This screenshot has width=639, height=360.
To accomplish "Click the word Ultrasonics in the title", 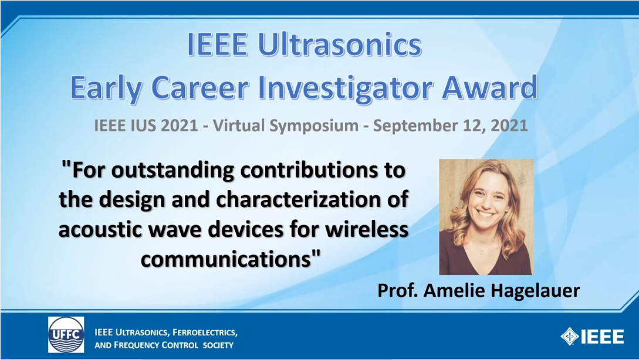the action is click(340, 44).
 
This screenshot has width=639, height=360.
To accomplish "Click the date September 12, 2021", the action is click(450, 125).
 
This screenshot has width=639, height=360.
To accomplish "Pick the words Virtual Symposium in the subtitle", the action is click(286, 125).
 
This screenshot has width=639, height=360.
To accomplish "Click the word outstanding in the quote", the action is click(173, 171).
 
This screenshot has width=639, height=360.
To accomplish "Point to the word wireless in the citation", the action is click(367, 229).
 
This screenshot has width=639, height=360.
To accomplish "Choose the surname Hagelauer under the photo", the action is click(535, 291).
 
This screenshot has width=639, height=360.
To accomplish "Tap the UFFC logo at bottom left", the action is click(66, 335).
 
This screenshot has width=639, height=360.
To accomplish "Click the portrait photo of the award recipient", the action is click(486, 217).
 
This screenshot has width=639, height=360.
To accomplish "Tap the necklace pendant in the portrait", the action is click(481, 252).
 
